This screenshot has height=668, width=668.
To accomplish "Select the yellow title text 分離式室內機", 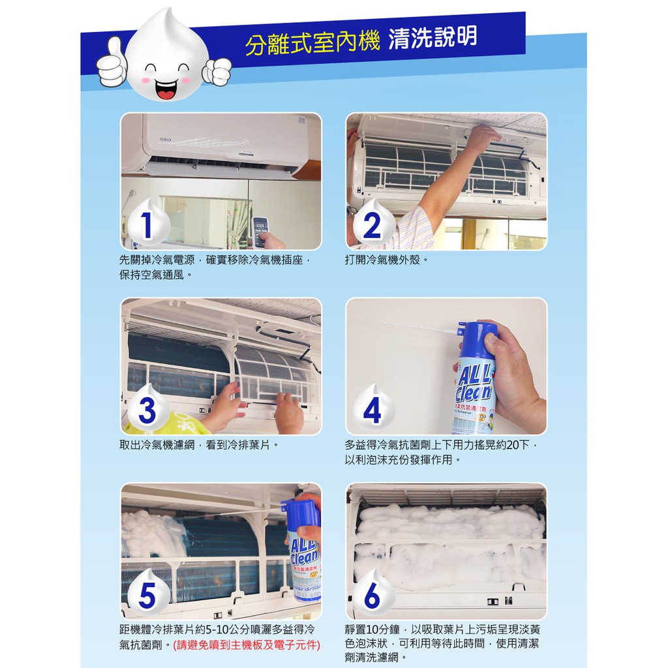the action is coord(312,44).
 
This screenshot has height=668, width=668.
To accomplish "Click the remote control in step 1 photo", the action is coord(261,232).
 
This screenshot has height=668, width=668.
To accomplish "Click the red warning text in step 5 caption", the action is coord(246,645).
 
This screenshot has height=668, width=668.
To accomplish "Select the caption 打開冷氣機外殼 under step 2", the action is coord(386,260).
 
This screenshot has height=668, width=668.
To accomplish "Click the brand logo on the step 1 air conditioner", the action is coord(165,140).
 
